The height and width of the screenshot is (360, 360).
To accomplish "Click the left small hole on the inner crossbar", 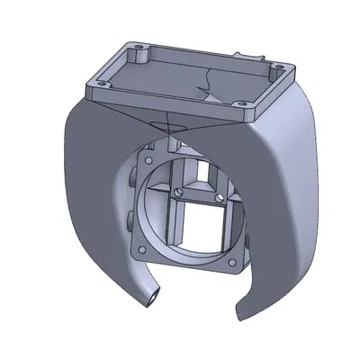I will pos(179,191).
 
